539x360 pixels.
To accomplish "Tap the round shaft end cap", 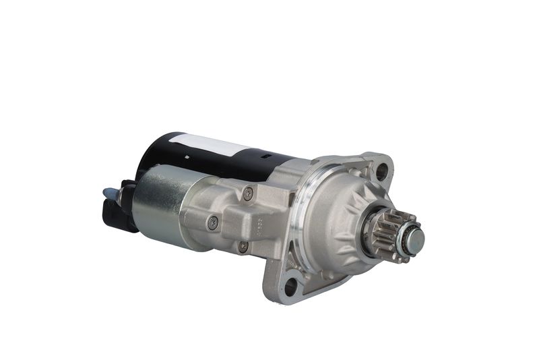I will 412,237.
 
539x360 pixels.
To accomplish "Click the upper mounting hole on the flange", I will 381,171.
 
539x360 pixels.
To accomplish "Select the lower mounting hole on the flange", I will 290,287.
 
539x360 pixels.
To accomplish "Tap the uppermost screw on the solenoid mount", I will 248,193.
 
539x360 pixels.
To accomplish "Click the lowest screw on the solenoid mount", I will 243,247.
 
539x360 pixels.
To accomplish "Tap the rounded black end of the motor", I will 152,152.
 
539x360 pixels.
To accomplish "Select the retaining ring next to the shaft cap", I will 404,237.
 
